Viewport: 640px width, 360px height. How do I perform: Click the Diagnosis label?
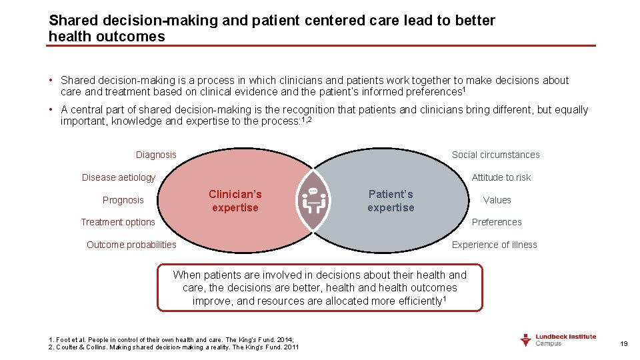(156, 155)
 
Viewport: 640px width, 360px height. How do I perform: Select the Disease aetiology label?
(118, 177)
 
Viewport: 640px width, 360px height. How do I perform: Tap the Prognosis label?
(123, 200)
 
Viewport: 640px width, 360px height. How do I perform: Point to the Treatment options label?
(117, 222)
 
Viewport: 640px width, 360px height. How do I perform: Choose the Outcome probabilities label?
(131, 245)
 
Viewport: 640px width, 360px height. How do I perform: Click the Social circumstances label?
(495, 155)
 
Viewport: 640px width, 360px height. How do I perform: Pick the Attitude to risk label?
(501, 177)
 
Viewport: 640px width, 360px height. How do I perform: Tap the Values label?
(497, 200)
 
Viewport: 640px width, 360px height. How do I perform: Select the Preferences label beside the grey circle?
(497, 222)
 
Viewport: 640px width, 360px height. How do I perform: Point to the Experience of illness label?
(494, 245)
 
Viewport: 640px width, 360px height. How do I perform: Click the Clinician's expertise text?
(235, 201)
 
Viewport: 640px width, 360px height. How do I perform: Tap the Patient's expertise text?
(391, 201)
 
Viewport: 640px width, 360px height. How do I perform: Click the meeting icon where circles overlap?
(313, 199)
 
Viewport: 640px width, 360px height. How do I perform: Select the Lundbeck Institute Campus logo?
(557, 340)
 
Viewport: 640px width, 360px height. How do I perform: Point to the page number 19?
(624, 343)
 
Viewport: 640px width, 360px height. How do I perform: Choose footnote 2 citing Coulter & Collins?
(174, 347)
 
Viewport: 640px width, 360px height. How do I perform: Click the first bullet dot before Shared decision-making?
(51, 81)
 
